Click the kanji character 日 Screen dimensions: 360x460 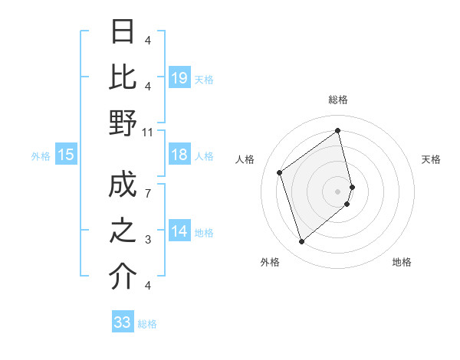tap(123, 32)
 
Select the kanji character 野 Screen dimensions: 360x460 tap(123, 123)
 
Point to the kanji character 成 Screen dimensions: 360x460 tap(123, 185)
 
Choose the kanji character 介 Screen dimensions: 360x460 tap(123, 277)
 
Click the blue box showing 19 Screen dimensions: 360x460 tap(179, 77)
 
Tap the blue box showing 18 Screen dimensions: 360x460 tap(179, 155)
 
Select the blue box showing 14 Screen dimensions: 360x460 tap(179, 231)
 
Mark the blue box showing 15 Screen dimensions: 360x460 tap(66, 155)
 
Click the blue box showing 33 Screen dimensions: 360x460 tap(123, 322)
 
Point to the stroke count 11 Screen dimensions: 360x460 tap(148, 133)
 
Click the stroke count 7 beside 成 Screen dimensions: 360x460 tap(148, 195)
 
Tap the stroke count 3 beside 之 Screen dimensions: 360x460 tap(148, 240)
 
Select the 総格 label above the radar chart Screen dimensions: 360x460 tap(338, 100)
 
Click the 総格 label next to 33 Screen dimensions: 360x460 tap(147, 324)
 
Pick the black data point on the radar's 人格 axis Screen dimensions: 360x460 tap(280, 172)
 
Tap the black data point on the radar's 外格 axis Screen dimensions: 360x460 tap(302, 242)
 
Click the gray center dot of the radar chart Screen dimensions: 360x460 tap(338, 190)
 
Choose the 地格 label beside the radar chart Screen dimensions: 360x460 tap(402, 262)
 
